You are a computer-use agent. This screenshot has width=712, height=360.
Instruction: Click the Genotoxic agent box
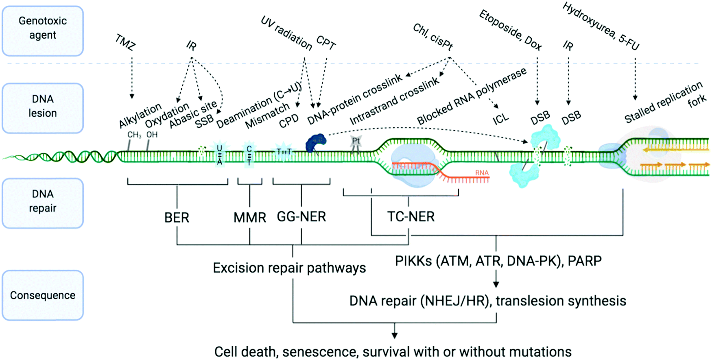click(x=43, y=31)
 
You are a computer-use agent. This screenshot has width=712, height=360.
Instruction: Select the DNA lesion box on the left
click(x=43, y=108)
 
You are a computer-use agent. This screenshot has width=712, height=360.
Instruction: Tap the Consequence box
click(x=43, y=295)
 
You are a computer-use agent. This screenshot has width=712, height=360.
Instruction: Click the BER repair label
click(x=177, y=218)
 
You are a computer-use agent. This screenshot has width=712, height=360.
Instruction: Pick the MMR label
click(x=249, y=218)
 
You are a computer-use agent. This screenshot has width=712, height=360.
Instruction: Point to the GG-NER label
click(x=301, y=217)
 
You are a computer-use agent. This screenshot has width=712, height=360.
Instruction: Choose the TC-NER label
click(x=411, y=217)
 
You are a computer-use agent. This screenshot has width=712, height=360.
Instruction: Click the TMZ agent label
click(x=125, y=42)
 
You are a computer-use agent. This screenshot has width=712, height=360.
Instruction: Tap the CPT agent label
click(x=326, y=43)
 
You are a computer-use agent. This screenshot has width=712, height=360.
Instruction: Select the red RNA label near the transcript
click(x=482, y=173)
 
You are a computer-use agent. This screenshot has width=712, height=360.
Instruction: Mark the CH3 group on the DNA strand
click(x=134, y=135)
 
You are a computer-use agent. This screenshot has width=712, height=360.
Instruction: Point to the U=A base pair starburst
click(x=220, y=155)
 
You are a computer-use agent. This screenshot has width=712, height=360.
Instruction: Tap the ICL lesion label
click(x=500, y=118)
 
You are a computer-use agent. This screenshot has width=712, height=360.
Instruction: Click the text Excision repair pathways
click(x=289, y=268)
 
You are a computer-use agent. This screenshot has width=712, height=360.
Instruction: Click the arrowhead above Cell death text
click(x=394, y=335)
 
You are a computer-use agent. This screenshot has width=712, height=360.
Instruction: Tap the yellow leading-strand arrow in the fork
click(x=675, y=150)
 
